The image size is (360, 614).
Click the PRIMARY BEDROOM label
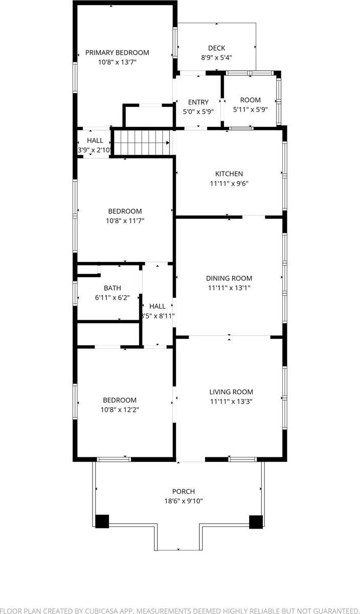click(117, 53)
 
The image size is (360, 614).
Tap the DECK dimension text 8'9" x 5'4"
click(216, 58)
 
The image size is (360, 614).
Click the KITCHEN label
click(229, 174)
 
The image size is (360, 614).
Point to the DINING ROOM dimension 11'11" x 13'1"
click(229, 288)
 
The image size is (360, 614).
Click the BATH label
click(112, 288)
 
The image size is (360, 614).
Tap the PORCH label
click(183, 491)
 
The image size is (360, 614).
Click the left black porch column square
click(102, 521)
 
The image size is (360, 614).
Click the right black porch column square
click(256, 521)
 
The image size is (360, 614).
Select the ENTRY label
click(198, 102)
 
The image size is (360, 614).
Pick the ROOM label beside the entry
click(250, 100)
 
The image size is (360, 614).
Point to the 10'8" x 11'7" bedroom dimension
click(124, 221)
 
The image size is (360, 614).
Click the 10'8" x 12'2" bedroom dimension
click(120, 409)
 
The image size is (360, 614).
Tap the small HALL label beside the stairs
click(95, 141)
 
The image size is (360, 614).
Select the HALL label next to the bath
click(157, 306)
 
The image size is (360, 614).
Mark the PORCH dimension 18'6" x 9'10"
click(183, 501)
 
